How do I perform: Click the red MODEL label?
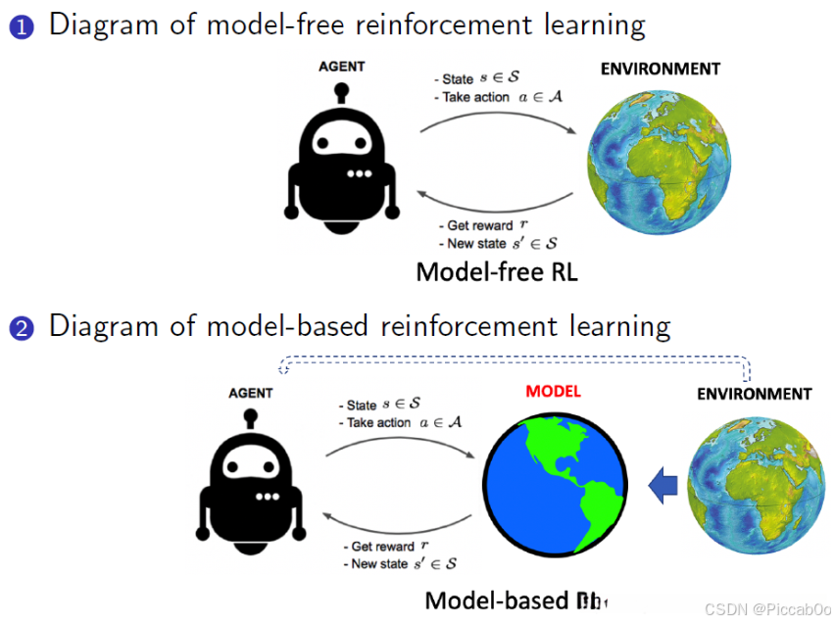(x=553, y=391)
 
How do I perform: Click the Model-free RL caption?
(x=497, y=271)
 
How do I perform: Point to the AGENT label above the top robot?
(x=341, y=67)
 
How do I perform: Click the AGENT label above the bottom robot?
(x=251, y=393)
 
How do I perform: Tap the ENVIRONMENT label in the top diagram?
(x=660, y=69)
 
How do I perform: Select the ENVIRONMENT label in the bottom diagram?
(x=754, y=394)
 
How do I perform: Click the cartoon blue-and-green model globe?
(x=555, y=482)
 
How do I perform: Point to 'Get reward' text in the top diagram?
(x=479, y=226)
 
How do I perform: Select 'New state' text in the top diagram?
(x=479, y=244)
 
